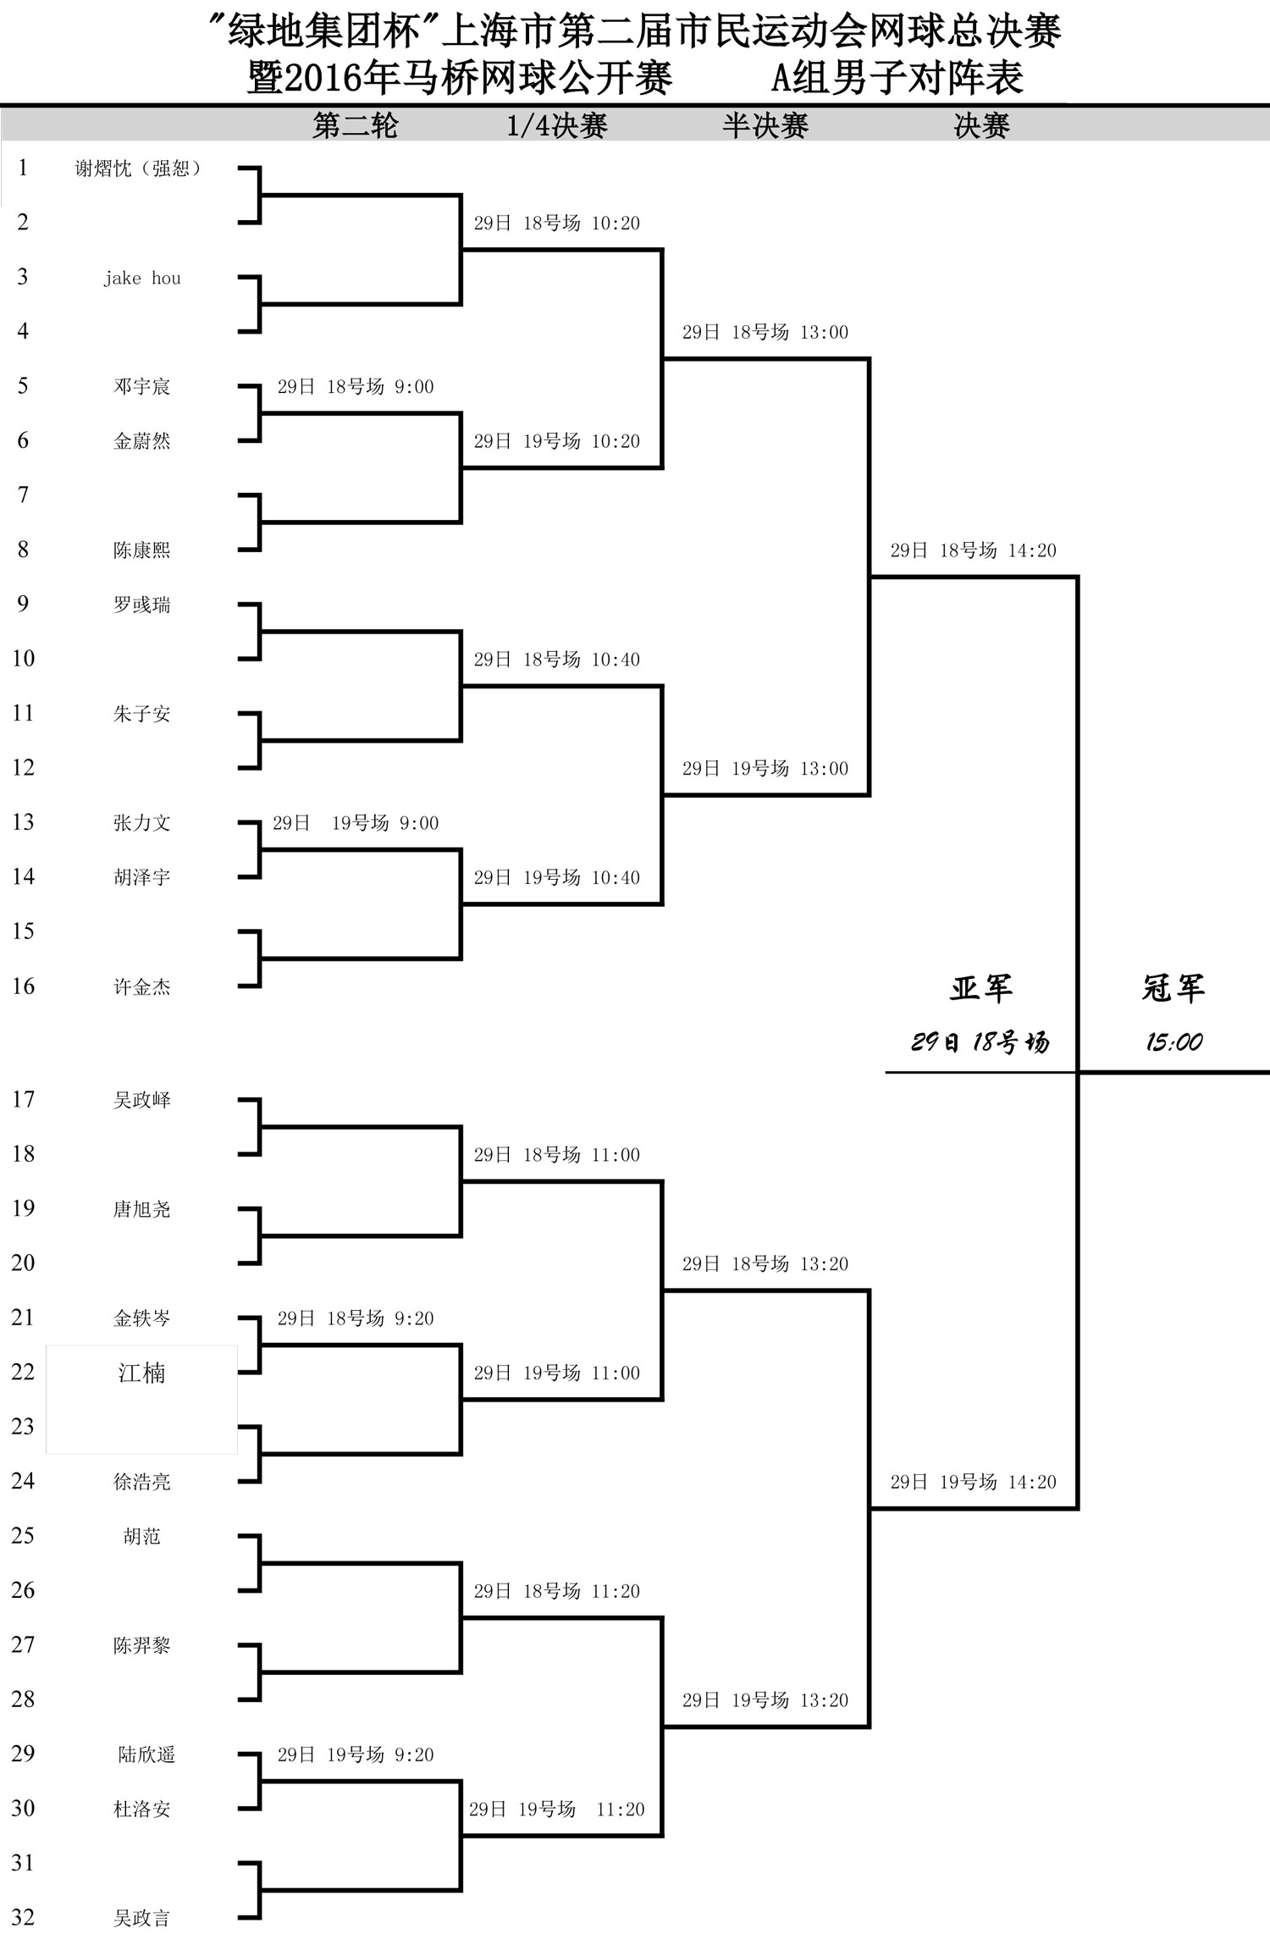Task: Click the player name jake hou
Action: (142, 278)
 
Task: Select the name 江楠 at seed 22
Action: (141, 1373)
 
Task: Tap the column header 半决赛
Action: (765, 126)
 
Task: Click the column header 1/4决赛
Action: (557, 126)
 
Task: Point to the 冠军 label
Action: (1173, 987)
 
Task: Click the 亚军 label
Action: (980, 987)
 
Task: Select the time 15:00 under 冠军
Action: (1174, 1042)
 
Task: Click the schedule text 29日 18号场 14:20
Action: (974, 550)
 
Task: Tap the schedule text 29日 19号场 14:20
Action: (974, 1482)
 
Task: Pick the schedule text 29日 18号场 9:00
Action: (356, 387)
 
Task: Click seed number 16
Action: (23, 986)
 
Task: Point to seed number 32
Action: (23, 1917)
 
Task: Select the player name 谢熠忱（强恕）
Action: (138, 169)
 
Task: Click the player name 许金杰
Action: (141, 986)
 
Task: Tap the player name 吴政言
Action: (141, 1918)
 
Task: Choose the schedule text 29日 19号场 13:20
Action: (765, 1700)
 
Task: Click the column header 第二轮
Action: (356, 126)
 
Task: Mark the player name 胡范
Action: (141, 1536)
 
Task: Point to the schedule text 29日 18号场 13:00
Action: (765, 332)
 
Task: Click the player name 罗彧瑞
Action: (141, 605)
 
